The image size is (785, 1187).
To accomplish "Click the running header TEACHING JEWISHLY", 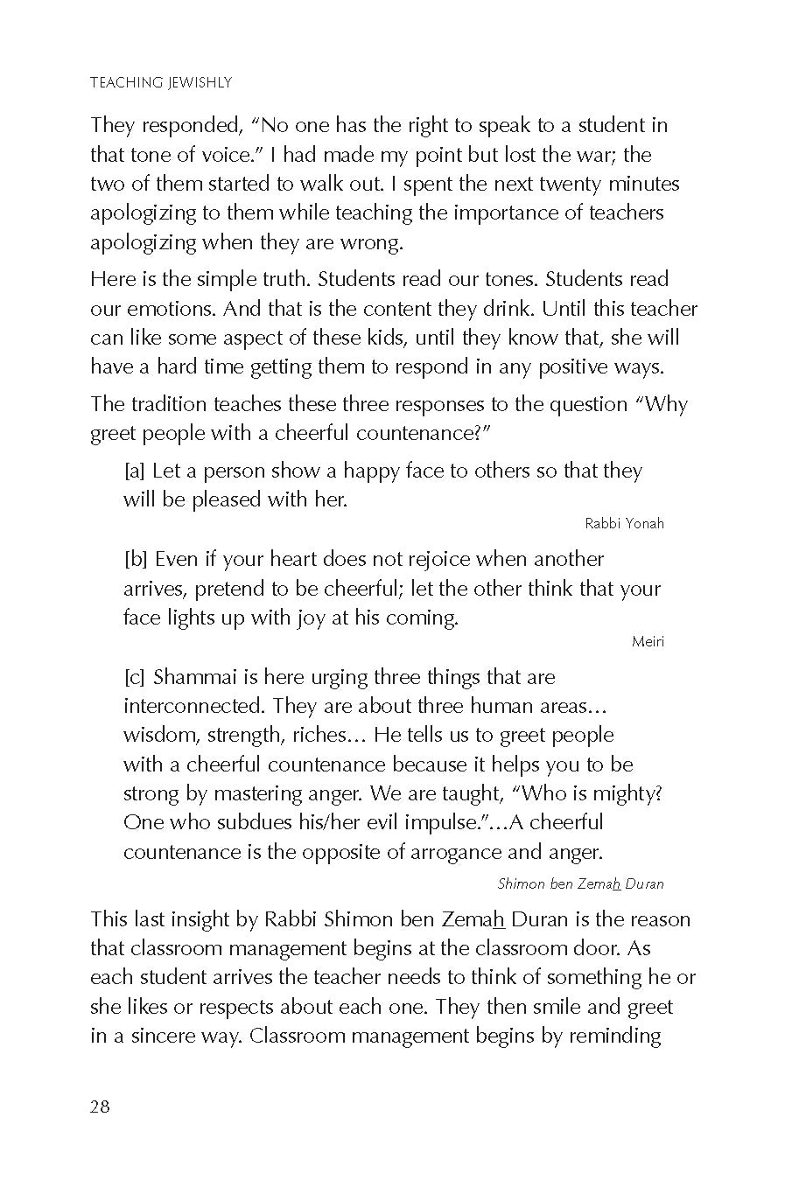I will tap(160, 83).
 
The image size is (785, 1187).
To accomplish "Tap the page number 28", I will tap(100, 1107).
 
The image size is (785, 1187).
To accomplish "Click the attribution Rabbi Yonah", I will tap(624, 524).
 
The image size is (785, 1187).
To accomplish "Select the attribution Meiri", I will tap(648, 642).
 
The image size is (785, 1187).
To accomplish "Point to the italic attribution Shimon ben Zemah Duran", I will tap(580, 883).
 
